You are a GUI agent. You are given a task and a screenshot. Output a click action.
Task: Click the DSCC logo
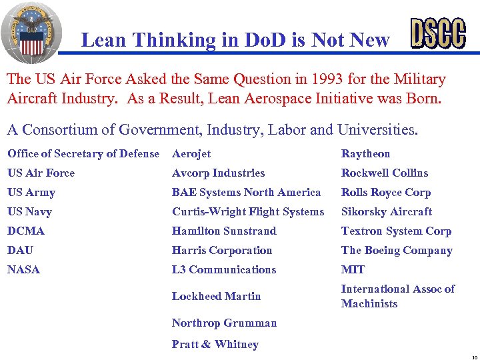tap(437, 33)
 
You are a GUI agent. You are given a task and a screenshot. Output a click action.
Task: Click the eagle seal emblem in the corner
tap(31, 32)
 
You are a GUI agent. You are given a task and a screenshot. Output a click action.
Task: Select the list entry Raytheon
tap(365, 154)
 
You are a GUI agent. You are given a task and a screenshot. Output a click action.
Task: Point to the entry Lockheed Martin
tap(216, 296)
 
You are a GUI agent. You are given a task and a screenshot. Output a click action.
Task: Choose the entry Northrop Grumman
tap(224, 323)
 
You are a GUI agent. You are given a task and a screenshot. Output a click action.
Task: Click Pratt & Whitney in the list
tap(215, 345)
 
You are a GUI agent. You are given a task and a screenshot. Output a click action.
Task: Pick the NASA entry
tap(23, 270)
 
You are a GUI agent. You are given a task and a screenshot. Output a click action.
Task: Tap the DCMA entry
tap(26, 231)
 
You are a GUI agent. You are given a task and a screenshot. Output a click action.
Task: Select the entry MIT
tap(353, 270)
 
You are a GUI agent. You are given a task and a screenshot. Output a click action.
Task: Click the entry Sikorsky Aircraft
tap(386, 212)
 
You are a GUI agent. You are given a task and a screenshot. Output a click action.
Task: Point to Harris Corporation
tap(222, 251)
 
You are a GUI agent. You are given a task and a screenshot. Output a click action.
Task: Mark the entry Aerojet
tap(191, 154)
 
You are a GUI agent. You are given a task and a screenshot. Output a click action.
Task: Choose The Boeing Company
tap(397, 251)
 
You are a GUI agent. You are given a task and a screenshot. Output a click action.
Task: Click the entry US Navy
tap(29, 212)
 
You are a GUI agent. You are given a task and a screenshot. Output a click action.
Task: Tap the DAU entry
tap(20, 251)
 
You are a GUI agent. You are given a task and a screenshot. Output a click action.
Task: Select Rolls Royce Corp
tap(386, 193)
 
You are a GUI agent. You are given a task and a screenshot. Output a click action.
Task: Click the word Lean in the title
tap(103, 40)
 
